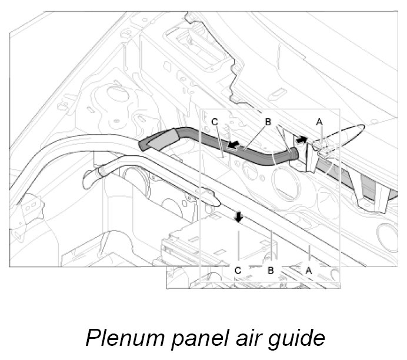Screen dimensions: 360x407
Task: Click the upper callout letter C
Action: tap(215, 122)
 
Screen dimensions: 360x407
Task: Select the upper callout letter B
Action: tap(267, 122)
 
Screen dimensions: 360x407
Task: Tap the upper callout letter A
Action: tap(319, 122)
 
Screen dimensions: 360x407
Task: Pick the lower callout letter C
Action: tap(238, 270)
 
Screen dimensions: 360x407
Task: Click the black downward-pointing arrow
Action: tap(238, 218)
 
